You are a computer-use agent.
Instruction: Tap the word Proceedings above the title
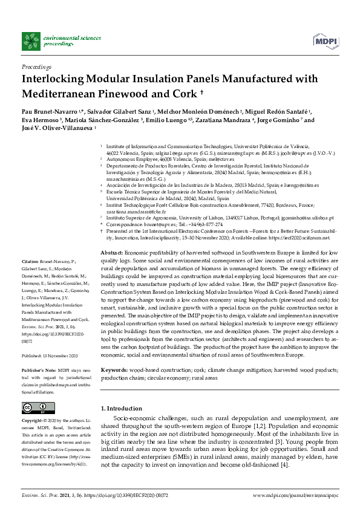click(36, 66)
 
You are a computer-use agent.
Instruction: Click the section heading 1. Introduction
click(122, 392)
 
